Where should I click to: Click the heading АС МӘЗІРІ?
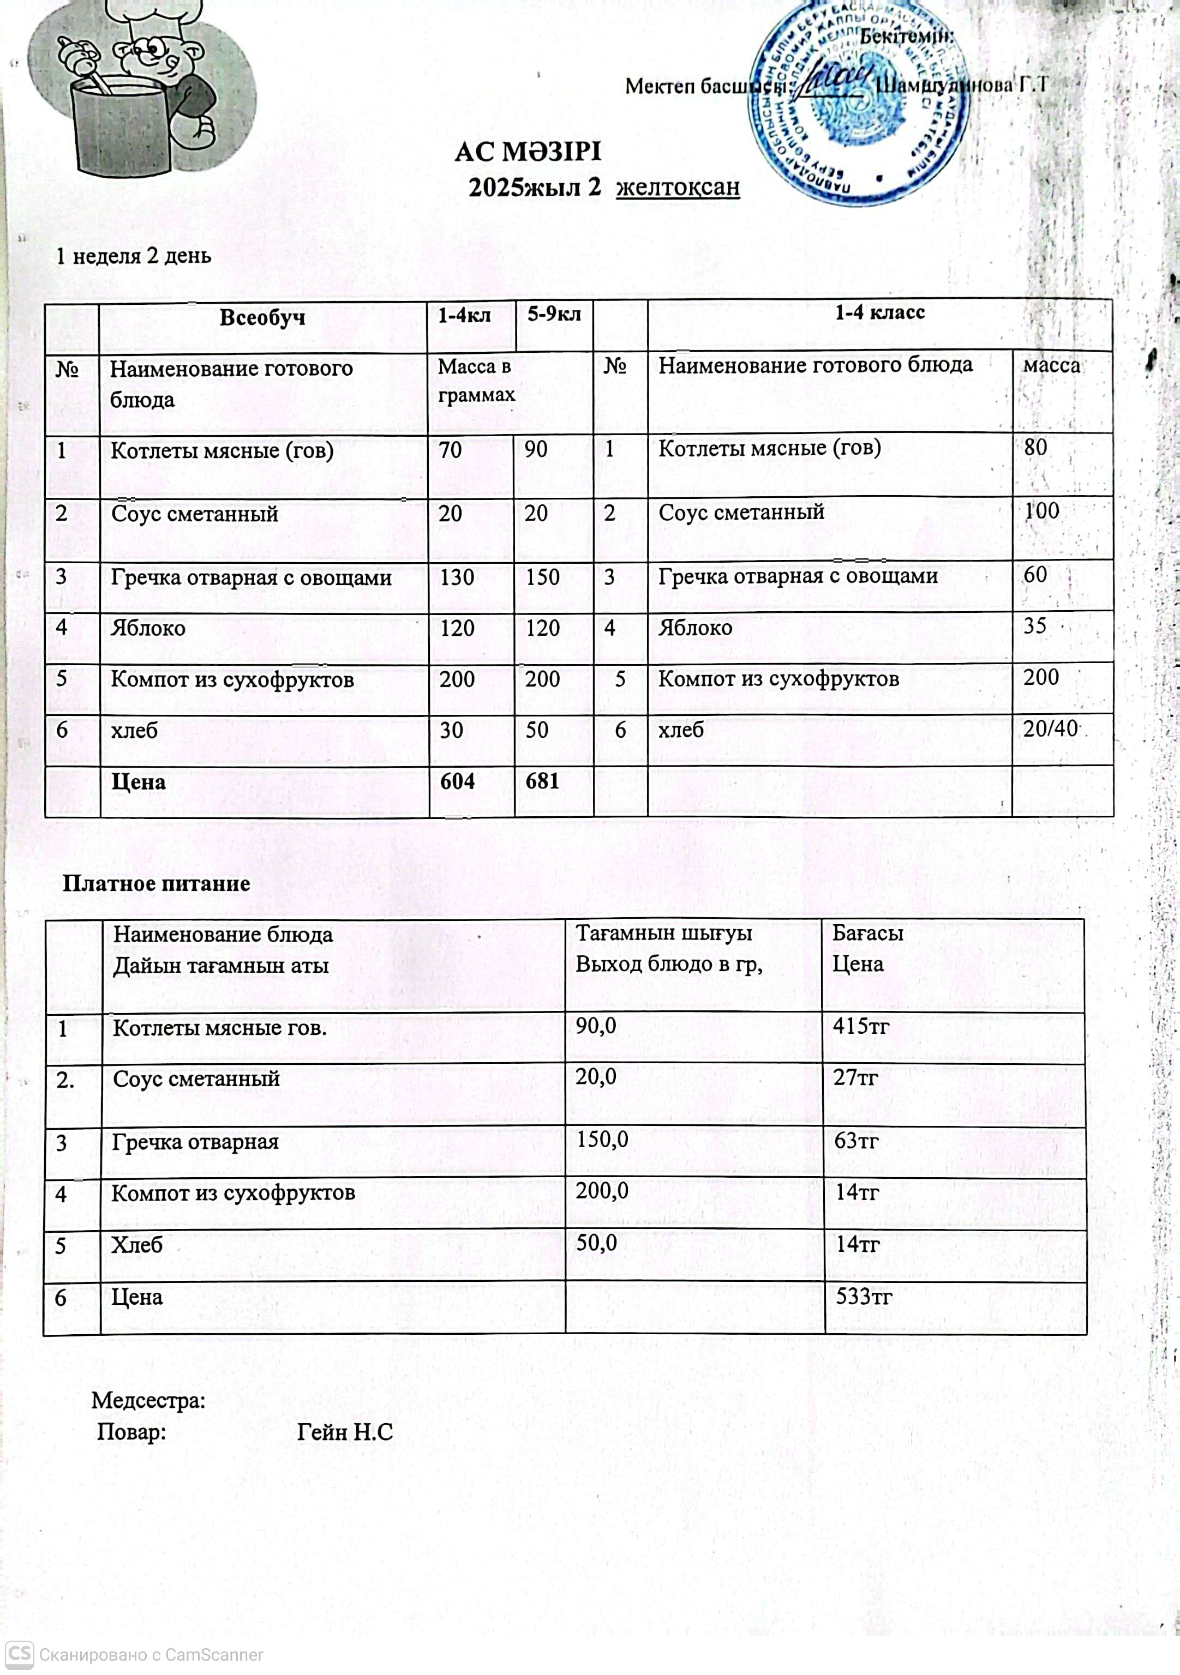click(x=528, y=153)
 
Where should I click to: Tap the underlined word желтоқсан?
click(x=678, y=188)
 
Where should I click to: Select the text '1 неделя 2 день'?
click(x=134, y=256)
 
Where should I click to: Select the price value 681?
click(x=542, y=781)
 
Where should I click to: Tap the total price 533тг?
click(x=863, y=1297)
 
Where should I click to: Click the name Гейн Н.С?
click(x=345, y=1432)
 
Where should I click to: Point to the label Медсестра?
click(x=148, y=1400)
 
